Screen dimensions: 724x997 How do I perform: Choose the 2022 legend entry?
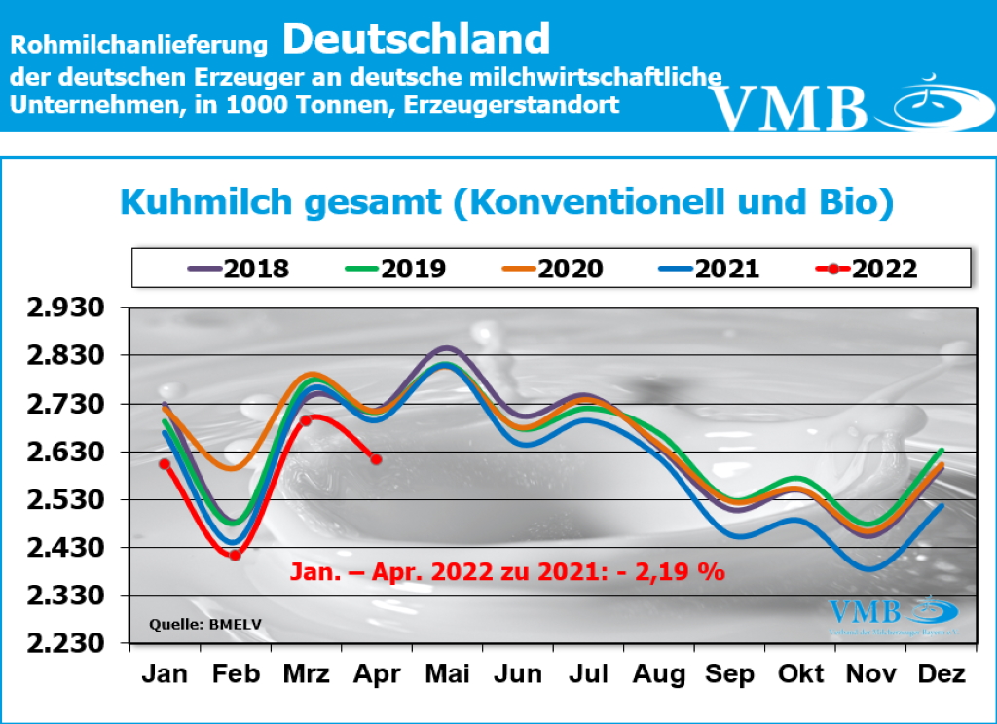[863, 269]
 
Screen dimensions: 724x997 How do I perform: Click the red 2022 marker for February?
[235, 555]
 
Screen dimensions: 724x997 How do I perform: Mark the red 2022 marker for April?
[376, 458]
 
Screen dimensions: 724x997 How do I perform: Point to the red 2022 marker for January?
[165, 463]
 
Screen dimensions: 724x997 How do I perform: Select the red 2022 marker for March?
[305, 420]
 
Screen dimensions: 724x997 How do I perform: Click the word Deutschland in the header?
[417, 39]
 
